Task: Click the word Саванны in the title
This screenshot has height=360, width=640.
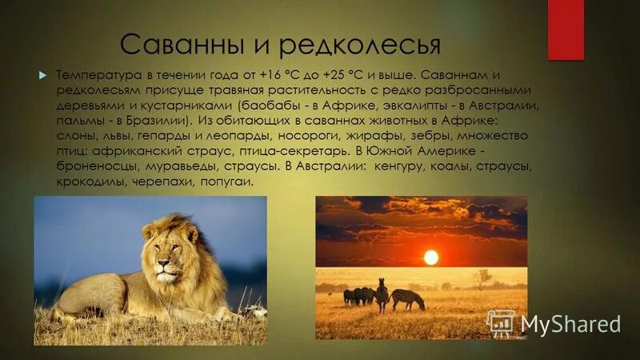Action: tap(165, 42)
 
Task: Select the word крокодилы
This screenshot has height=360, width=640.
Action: tap(89, 182)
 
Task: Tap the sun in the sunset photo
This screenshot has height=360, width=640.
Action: tap(431, 257)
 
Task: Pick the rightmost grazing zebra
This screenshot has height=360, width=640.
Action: tap(408, 299)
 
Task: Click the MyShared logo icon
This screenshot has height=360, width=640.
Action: tap(501, 323)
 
